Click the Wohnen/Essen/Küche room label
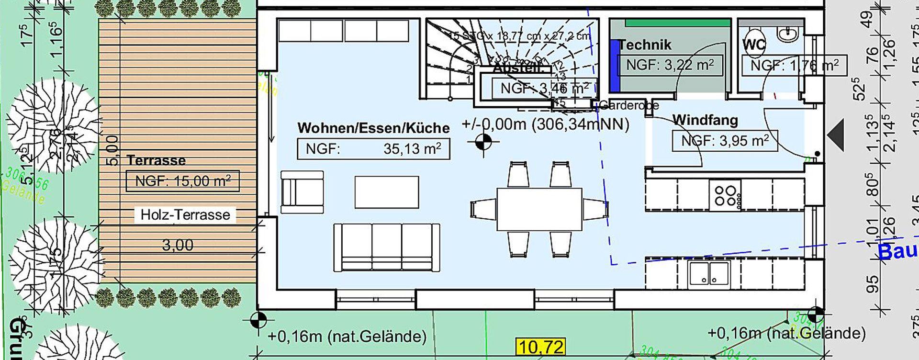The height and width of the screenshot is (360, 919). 373,128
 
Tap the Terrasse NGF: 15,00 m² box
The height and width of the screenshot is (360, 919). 182,181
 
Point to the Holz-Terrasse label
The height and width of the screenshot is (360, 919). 185,214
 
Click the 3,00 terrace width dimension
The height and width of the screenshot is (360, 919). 178,245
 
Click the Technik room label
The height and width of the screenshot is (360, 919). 645,45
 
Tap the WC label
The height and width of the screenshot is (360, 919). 754,45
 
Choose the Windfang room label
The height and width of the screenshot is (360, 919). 705,120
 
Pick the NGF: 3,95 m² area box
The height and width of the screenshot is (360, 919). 725,141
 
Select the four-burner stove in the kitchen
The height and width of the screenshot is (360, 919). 726,195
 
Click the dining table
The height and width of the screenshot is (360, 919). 539,209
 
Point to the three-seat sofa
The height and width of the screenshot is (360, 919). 386,247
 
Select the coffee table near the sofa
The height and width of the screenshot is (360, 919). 387,192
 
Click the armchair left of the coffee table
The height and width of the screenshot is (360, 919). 302,192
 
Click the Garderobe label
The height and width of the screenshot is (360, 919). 629,105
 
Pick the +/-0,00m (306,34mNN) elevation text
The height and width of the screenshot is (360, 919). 545,124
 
